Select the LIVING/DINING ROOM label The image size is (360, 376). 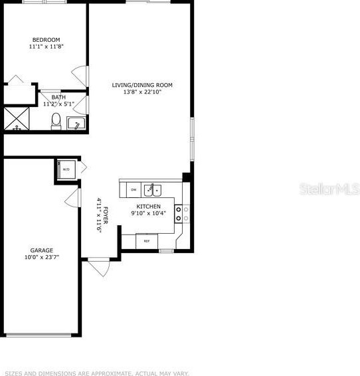click(142, 84)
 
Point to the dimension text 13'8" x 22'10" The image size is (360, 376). click(142, 92)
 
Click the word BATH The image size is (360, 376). click(58, 98)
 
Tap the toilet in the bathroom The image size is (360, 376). click(56, 121)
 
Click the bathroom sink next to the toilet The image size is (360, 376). click(76, 123)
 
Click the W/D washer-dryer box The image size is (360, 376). click(66, 169)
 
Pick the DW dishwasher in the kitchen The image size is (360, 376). click(134, 190)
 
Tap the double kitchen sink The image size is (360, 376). click(154, 191)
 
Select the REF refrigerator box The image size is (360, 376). click(147, 241)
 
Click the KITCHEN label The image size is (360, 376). click(148, 207)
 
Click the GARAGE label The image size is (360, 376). click(41, 250)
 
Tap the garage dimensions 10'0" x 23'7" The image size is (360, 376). click(41, 258)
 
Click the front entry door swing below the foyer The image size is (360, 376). click(99, 267)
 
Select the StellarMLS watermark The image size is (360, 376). click(331, 190)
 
